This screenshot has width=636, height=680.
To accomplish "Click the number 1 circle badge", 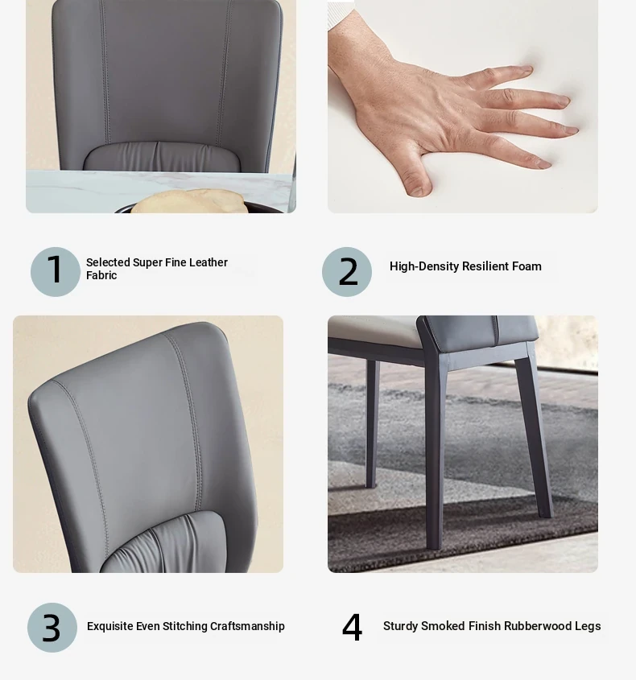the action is click(55, 272).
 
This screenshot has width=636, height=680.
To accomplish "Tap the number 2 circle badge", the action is click(347, 272).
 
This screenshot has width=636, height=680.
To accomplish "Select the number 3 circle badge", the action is click(52, 627).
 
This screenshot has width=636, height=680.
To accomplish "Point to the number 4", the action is click(352, 627).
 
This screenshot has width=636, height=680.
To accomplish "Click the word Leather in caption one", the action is click(209, 262).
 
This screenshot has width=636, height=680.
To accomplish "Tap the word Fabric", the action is click(101, 275).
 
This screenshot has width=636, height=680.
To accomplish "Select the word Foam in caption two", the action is click(527, 266).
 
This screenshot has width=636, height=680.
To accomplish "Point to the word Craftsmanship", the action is click(247, 626).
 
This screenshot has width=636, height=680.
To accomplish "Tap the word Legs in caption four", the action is click(588, 626).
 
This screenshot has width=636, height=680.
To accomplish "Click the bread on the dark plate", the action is click(189, 201).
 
